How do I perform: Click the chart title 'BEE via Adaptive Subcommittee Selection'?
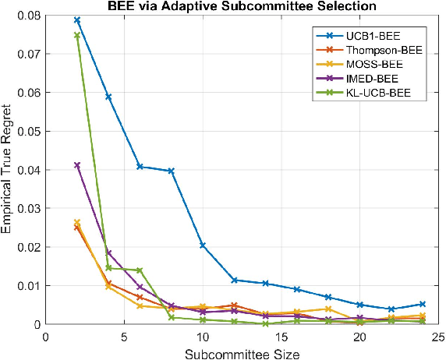tap(242, 7)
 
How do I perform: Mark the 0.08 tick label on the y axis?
tap(27, 16)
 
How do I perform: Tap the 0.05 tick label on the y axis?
tap(27, 131)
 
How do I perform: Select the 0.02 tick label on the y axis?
tap(27, 247)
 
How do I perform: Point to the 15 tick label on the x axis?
tap(281, 337)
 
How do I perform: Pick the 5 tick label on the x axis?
tap(124, 337)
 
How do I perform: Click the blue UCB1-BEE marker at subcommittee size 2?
tap(77, 20)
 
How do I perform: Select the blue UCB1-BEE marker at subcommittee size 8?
tap(172, 171)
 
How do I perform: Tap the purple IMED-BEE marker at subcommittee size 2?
tap(77, 165)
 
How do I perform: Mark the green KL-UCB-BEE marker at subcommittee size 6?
tap(140, 270)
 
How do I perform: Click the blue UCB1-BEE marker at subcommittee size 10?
tap(203, 245)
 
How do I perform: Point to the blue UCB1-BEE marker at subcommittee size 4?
tap(108, 97)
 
